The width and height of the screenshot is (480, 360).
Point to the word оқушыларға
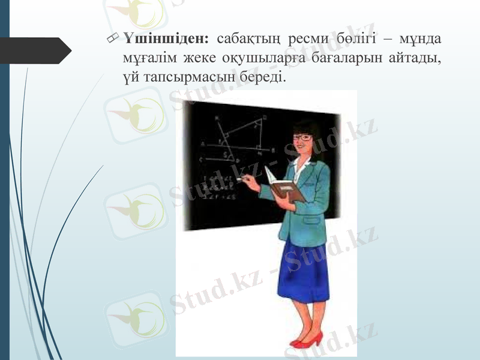(257, 59)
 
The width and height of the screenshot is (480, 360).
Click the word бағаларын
(337, 59)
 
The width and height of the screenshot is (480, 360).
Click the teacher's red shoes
(307, 341)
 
